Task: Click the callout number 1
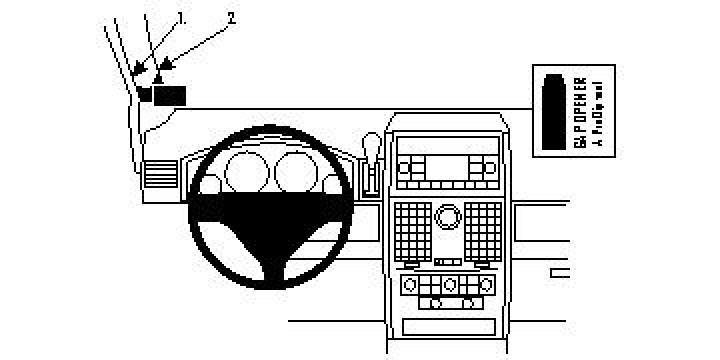(x=182, y=18)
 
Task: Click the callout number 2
(x=232, y=17)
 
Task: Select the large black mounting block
(x=170, y=95)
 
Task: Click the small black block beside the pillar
(x=144, y=94)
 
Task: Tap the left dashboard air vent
(x=159, y=175)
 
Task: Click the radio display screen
(x=447, y=166)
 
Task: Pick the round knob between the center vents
(x=447, y=215)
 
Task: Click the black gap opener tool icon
(x=553, y=110)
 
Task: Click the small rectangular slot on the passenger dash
(x=559, y=271)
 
